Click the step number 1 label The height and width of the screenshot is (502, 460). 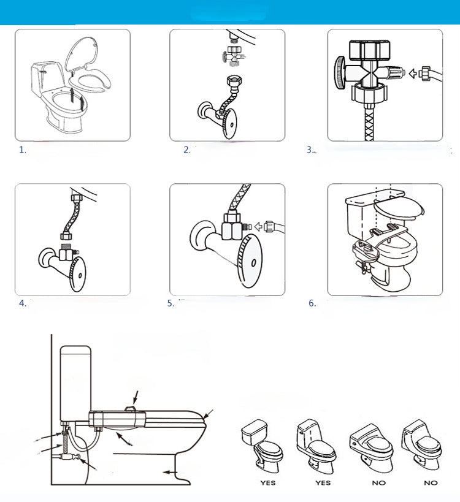click(23, 150)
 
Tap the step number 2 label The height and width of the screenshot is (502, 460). click(187, 150)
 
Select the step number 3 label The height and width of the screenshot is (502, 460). click(310, 150)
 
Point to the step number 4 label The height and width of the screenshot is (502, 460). click(23, 303)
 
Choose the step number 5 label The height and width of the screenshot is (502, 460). click(171, 303)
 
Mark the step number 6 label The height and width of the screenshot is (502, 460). click(312, 303)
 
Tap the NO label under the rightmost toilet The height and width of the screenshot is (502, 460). click(431, 482)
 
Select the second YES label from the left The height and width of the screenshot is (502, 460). click(322, 482)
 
